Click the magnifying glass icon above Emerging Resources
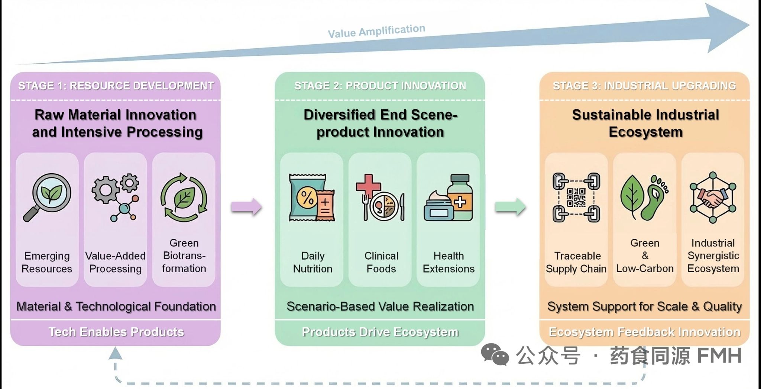pyautogui.click(x=48, y=197)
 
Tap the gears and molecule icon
pyautogui.click(x=116, y=197)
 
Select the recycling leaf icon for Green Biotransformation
pyautogui.click(x=184, y=197)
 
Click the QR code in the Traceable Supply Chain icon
pyautogui.click(x=576, y=197)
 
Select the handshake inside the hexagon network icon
pyautogui.click(x=713, y=198)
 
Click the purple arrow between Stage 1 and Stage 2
pyautogui.click(x=246, y=207)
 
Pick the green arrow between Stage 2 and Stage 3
pyautogui.click(x=510, y=207)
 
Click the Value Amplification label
pyautogui.click(x=376, y=31)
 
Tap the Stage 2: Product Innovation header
pyautogui.click(x=380, y=86)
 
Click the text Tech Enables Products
pyautogui.click(x=116, y=332)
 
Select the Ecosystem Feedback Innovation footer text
pyautogui.click(x=644, y=332)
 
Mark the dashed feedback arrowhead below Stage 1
pyautogui.click(x=115, y=353)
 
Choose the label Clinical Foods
pyautogui.click(x=381, y=262)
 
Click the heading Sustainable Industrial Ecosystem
pyautogui.click(x=645, y=123)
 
